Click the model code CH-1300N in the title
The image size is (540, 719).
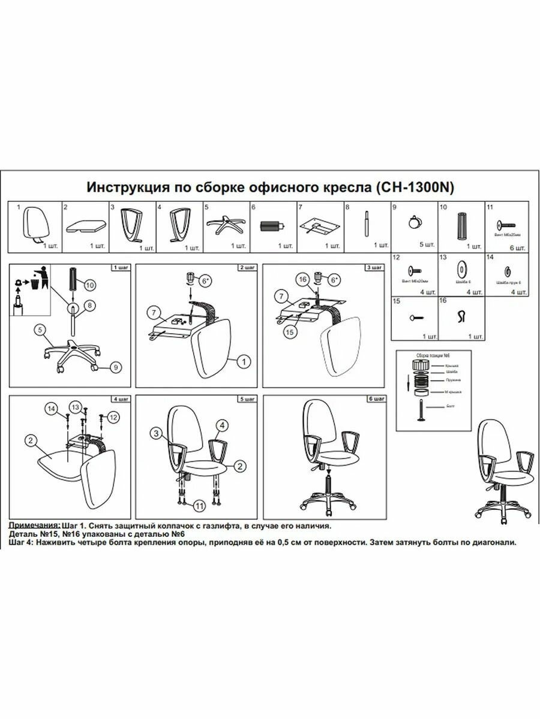(x=415, y=187)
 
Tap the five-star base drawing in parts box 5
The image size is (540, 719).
(x=224, y=225)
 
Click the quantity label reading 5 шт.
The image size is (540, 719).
(x=424, y=245)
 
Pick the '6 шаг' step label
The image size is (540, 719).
(x=376, y=398)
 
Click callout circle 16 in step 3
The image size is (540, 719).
(x=304, y=279)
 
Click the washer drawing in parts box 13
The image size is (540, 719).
(x=463, y=267)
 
